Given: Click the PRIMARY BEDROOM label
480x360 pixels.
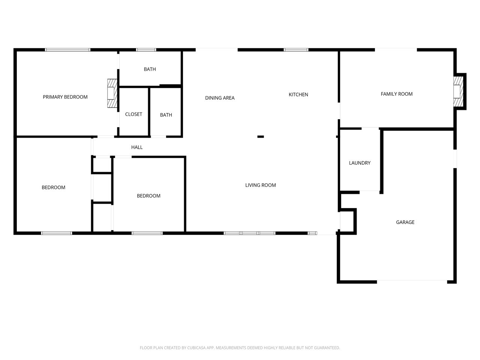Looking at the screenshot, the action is tap(65, 97).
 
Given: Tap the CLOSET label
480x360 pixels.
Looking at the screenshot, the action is tap(133, 114).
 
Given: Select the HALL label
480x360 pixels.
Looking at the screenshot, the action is tap(137, 147).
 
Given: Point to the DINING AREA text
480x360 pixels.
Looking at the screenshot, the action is tap(220, 98).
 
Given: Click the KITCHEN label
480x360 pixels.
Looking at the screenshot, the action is tap(298, 94).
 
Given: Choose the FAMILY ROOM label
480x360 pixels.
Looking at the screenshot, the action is tap(397, 94).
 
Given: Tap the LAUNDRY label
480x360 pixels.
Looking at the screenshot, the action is tap(360, 163).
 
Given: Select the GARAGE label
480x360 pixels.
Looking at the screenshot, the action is tap(405, 222).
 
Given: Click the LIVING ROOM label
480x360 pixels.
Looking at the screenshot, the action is tap(261, 185).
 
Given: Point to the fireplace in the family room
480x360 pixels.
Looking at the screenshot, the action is tap(458, 91).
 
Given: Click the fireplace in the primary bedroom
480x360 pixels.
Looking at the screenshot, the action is tap(112, 93).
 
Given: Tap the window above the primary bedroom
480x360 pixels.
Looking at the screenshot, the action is tap(67, 50).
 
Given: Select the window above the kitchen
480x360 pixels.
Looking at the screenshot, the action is tap(296, 50).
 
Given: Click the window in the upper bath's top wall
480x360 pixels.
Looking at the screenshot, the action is tap(146, 50).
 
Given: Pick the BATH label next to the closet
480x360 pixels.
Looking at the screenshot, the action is tap(166, 115).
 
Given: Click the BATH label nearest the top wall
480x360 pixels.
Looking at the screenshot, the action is tap(150, 69).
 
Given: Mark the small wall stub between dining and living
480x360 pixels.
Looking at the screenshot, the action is tap(261, 136).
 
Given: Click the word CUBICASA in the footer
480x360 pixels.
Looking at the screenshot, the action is tap(196, 348).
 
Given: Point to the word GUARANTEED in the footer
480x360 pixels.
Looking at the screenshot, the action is tap(327, 348).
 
